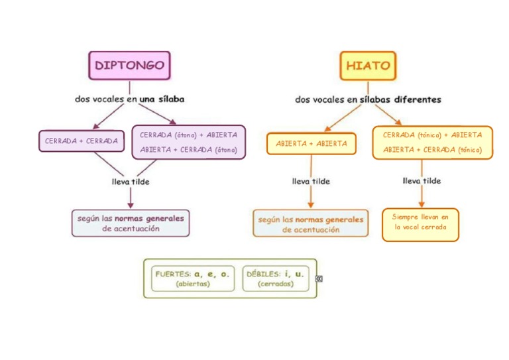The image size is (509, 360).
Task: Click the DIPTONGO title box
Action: click(x=129, y=66)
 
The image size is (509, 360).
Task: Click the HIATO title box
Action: click(x=368, y=66)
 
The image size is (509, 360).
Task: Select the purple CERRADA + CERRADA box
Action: click(x=81, y=141)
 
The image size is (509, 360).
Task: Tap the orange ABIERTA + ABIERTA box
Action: click(x=311, y=143)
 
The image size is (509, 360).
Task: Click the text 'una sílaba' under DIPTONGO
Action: click(x=162, y=99)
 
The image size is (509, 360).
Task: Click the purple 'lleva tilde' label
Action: click(x=130, y=181)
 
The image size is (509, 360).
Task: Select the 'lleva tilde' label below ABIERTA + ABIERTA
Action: click(x=311, y=181)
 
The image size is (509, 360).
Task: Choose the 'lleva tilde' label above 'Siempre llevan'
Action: click(x=421, y=180)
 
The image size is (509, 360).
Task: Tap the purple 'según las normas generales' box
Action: click(x=131, y=223)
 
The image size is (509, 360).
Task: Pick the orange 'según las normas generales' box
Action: click(x=311, y=223)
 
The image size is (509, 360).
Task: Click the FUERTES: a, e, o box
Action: click(x=193, y=278)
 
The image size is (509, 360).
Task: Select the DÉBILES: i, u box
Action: click(x=276, y=278)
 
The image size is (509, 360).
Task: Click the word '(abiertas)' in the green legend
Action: click(x=193, y=284)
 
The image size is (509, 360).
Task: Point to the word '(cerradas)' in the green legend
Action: click(x=276, y=284)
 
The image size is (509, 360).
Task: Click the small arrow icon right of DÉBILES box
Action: click(x=319, y=279)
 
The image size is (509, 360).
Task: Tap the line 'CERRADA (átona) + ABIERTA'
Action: click(x=188, y=135)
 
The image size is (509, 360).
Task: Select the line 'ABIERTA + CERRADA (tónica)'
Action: click(x=432, y=150)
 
